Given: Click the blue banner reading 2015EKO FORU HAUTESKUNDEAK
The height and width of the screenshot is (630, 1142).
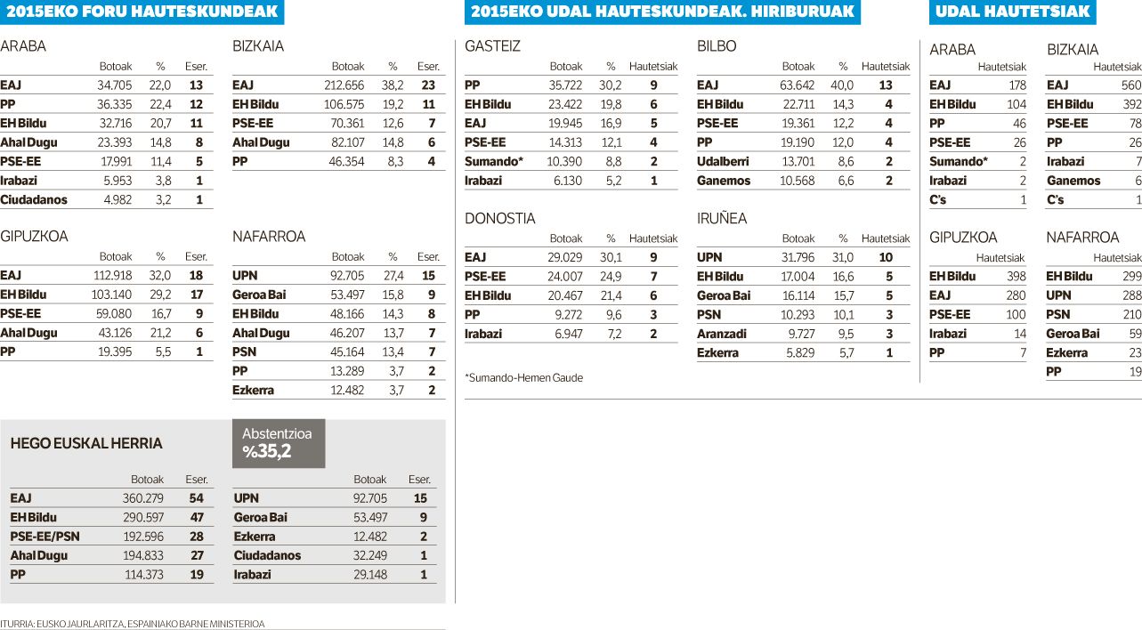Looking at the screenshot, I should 141,12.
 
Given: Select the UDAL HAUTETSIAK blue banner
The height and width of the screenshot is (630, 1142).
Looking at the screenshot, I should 1013,12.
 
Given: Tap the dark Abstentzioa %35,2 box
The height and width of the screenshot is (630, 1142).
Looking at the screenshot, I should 279,443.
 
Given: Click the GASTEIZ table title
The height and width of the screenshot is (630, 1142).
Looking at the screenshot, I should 492,46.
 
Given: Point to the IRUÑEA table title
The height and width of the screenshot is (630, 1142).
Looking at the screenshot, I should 722,218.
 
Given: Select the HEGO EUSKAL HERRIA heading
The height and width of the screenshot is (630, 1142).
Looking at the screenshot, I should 86,443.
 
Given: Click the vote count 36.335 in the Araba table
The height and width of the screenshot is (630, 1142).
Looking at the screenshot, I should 114,104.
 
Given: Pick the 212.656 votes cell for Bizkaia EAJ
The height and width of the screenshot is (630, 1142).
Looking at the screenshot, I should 344,85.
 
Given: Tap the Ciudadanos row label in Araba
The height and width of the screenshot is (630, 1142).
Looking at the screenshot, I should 34,199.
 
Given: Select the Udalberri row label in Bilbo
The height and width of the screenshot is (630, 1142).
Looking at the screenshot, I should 723,161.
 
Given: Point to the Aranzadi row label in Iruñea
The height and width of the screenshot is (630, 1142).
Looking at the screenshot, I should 721,334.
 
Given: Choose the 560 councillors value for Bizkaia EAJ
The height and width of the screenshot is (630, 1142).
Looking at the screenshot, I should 1130,85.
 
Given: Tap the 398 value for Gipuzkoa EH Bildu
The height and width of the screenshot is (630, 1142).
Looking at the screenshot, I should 1015,276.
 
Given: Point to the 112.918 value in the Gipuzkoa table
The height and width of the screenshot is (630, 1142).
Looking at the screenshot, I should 114,276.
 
